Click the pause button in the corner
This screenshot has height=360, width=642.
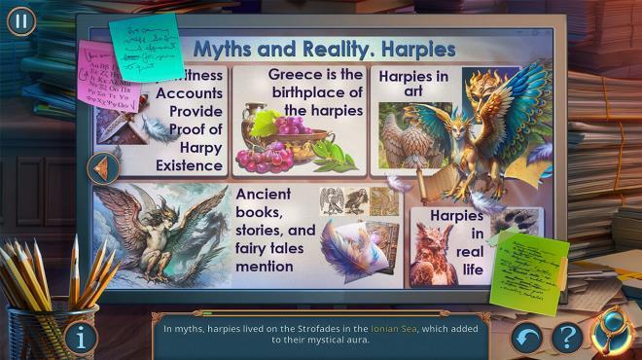(20, 20)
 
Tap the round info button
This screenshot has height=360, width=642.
(81, 339)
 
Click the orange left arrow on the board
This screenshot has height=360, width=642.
(102, 168)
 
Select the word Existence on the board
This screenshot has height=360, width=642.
(189, 165)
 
